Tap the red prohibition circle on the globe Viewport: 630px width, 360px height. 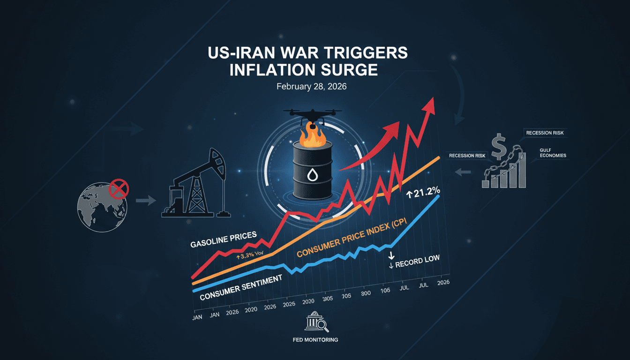coord(119,190)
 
